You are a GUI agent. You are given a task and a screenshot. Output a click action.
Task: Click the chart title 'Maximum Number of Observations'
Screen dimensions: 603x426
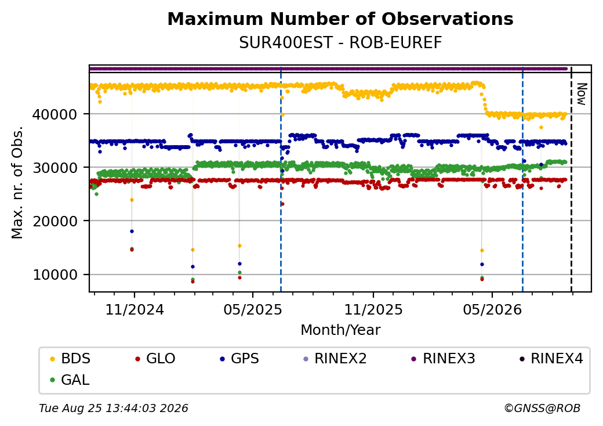(340, 19)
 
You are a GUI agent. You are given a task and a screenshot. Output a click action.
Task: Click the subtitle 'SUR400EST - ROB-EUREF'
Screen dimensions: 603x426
(340, 42)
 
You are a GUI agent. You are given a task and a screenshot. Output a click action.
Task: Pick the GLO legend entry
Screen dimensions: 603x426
(155, 359)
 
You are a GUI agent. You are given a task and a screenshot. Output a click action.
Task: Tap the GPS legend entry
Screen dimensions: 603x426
(239, 359)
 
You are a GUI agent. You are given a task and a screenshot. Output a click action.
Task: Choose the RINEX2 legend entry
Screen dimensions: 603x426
(335, 359)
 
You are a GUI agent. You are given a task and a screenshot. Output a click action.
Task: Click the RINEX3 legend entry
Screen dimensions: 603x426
(444, 359)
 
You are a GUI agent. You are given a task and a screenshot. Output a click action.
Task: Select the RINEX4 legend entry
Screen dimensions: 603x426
(551, 359)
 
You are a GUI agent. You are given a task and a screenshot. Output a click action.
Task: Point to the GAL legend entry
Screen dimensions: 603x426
(70, 380)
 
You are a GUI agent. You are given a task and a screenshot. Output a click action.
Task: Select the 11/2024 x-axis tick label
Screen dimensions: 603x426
(135, 309)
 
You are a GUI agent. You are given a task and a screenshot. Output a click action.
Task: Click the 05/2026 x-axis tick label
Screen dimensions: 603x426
(492, 309)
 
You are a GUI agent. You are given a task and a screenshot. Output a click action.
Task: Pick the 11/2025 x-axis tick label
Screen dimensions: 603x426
(373, 309)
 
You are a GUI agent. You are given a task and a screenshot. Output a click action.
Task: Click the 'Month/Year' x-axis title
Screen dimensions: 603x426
(340, 330)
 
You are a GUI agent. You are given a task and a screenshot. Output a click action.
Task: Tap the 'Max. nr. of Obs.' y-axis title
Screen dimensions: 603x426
(17, 182)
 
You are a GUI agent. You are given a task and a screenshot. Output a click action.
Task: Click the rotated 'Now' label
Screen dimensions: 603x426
(582, 94)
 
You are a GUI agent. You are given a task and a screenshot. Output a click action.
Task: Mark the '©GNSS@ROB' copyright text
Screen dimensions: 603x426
(542, 408)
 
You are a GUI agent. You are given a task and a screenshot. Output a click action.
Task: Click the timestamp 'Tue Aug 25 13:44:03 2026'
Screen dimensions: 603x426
(114, 408)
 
